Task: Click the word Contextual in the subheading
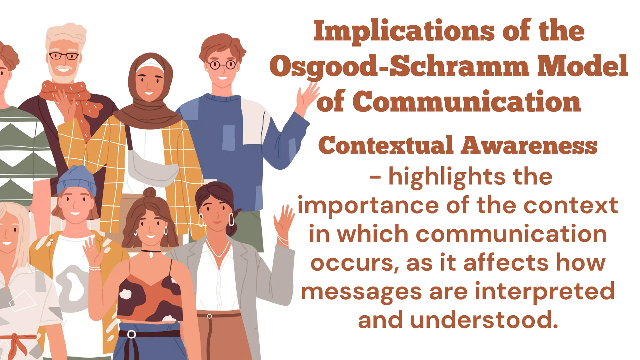click(x=385, y=146)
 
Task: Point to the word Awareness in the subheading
click(x=529, y=146)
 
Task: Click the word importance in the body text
click(x=368, y=206)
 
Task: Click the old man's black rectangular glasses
click(x=64, y=56)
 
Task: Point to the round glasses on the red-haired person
click(x=222, y=65)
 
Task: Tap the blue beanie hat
click(x=77, y=180)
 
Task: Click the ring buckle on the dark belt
click(x=132, y=334)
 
